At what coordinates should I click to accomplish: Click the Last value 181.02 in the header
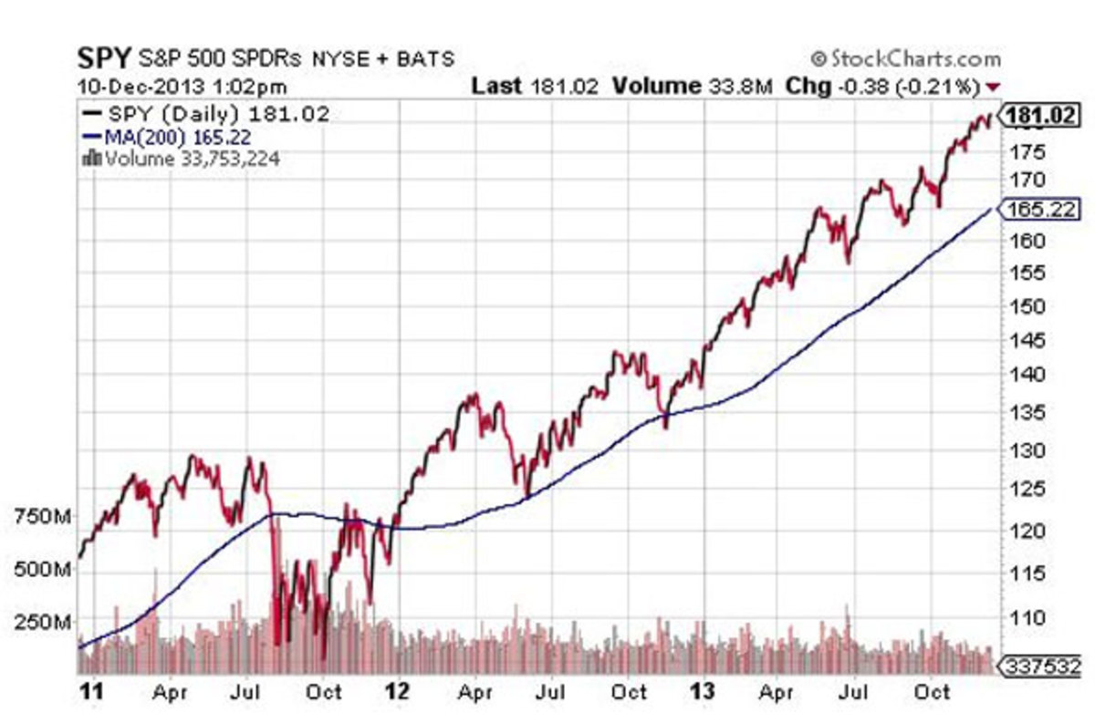click(x=560, y=87)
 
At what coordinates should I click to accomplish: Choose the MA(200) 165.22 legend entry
click(x=170, y=137)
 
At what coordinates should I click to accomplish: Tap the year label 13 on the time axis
click(x=705, y=693)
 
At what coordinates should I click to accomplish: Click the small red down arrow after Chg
click(x=994, y=87)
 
